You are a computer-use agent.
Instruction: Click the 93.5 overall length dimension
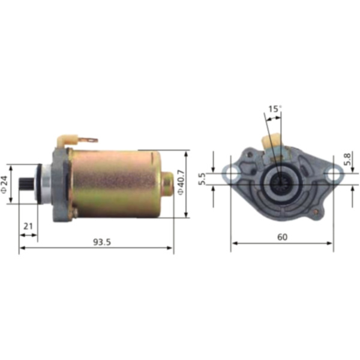click(103, 242)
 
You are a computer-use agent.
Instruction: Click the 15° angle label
click(274, 109)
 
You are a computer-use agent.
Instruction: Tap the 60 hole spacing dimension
click(282, 236)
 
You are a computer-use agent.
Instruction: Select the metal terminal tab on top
click(88, 140)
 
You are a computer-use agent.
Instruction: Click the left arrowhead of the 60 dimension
click(234, 243)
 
